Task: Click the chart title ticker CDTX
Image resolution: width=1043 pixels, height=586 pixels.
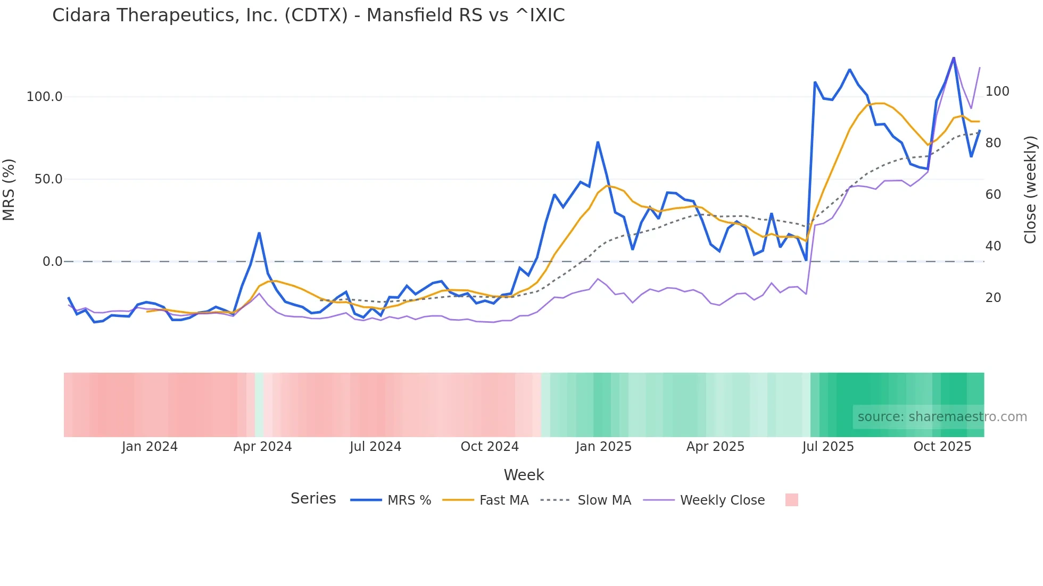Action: click(x=316, y=15)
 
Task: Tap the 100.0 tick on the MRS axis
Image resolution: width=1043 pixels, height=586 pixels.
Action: click(x=45, y=97)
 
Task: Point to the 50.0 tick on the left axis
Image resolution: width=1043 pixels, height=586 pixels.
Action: click(x=48, y=179)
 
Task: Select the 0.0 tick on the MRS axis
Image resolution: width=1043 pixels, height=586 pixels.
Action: click(x=52, y=262)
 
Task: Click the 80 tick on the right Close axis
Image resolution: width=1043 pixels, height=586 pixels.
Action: click(x=993, y=143)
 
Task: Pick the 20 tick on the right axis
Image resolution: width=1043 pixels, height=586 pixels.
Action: click(x=993, y=298)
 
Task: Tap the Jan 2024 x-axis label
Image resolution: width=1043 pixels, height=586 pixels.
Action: click(x=150, y=447)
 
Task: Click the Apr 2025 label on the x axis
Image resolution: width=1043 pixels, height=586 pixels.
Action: click(x=715, y=447)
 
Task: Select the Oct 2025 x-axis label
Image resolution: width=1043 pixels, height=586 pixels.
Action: click(x=942, y=447)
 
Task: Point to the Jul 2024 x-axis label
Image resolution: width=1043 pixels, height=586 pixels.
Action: click(x=375, y=447)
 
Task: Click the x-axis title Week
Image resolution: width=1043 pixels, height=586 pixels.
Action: click(x=524, y=475)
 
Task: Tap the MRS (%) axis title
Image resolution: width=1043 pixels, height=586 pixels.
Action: click(x=9, y=189)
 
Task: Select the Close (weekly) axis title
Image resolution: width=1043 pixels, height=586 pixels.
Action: click(x=1030, y=189)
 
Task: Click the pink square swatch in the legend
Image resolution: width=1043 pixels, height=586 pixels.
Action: click(x=791, y=500)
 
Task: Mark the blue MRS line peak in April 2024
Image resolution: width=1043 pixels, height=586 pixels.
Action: click(x=259, y=233)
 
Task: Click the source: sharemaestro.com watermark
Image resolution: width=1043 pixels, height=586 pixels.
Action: click(x=942, y=417)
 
